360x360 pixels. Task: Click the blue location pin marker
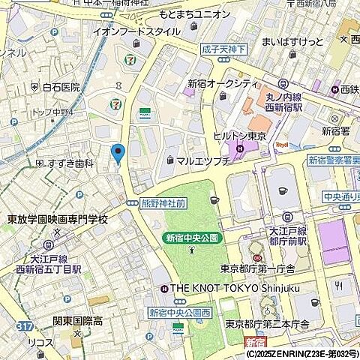(117, 152)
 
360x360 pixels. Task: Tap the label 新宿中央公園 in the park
(192, 238)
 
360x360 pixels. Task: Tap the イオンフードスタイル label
(136, 31)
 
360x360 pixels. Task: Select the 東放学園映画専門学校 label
(57, 219)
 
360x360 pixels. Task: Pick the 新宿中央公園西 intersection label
(180, 312)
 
